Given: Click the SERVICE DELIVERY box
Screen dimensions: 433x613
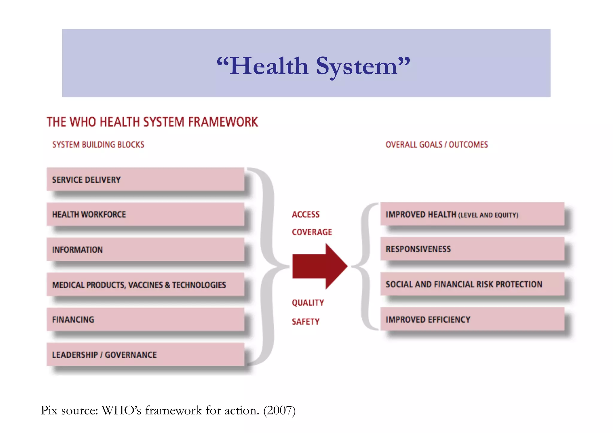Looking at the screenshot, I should (145, 180).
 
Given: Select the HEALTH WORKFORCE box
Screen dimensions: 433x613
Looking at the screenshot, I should (145, 214).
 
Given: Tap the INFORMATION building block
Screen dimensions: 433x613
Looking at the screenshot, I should (145, 249).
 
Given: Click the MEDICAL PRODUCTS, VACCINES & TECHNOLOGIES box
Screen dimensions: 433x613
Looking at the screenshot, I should (145, 284).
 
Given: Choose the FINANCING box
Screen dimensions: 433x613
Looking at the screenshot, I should (145, 319).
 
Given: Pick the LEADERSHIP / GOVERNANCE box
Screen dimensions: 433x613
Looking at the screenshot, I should (145, 354).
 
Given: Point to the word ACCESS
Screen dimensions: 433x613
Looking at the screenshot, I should (306, 215).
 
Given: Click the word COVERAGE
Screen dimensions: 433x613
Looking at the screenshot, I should (312, 232).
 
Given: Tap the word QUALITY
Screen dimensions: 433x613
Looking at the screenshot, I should (308, 303).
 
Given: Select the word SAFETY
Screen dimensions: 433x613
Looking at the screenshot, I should (306, 322).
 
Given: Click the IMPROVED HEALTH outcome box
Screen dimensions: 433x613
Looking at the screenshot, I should (472, 214).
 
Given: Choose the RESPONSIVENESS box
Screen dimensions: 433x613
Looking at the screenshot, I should (472, 249).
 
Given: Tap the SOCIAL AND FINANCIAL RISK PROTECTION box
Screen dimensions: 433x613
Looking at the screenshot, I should (472, 284).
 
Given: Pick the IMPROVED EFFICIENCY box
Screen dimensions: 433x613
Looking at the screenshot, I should (472, 319).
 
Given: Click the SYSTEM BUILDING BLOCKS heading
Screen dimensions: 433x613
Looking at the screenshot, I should (98, 145).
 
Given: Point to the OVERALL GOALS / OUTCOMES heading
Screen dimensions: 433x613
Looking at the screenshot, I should (436, 145).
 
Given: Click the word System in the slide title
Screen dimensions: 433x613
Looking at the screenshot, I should (356, 66).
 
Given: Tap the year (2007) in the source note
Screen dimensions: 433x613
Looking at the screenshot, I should (279, 410).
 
